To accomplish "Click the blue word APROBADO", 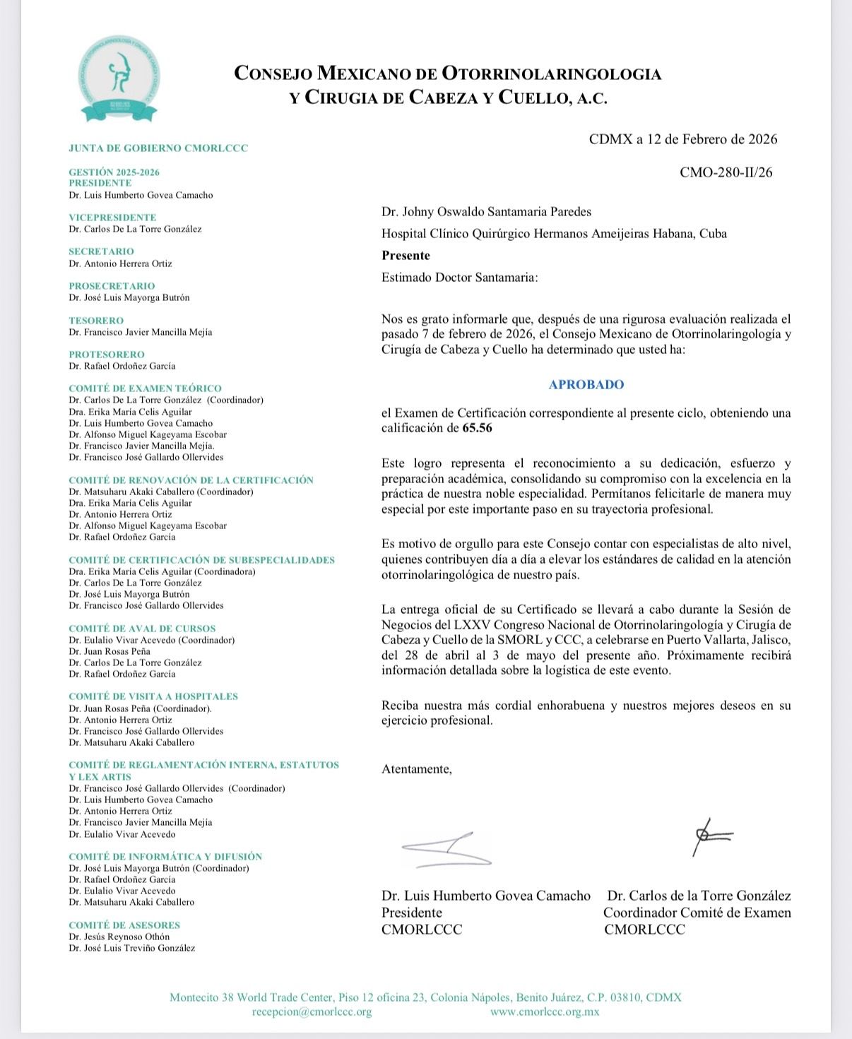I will click(x=586, y=385).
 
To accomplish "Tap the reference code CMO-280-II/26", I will click(x=726, y=172).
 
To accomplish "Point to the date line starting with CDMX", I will click(x=682, y=139).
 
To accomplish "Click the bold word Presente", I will click(x=406, y=256).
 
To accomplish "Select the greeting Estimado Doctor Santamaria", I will click(x=459, y=278).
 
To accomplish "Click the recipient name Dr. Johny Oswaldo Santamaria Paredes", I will click(x=486, y=212).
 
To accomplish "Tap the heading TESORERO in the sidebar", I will click(x=96, y=321).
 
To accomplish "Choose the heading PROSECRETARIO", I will click(x=112, y=286).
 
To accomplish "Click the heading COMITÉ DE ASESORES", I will click(x=124, y=925).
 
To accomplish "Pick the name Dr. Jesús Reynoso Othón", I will click(x=119, y=937).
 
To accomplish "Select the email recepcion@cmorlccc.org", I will click(x=312, y=1011).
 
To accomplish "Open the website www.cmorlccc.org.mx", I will click(x=545, y=1011).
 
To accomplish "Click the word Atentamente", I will click(x=416, y=769).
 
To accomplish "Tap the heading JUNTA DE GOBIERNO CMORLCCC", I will click(x=158, y=149).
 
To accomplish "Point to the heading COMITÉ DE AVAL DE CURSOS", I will click(x=142, y=629).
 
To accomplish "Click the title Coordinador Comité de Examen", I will click(x=697, y=913).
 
